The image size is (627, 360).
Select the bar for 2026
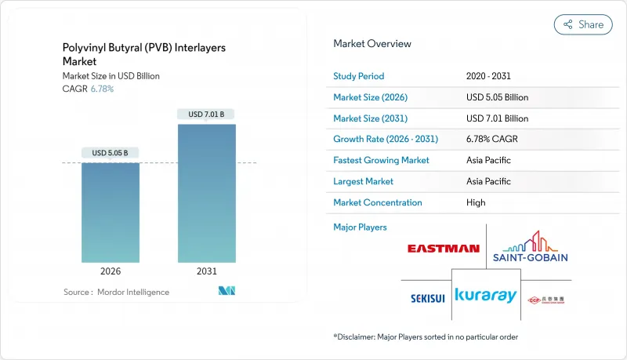[111, 212]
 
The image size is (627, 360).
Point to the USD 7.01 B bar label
[206, 115]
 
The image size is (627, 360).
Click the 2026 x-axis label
[111, 271]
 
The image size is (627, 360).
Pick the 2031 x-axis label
[206, 271]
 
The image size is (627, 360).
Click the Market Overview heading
[372, 44]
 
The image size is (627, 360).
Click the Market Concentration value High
[476, 202]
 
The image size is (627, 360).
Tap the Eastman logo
[443, 249]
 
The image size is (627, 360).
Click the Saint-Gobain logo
[531, 247]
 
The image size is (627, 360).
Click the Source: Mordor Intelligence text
[116, 293]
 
